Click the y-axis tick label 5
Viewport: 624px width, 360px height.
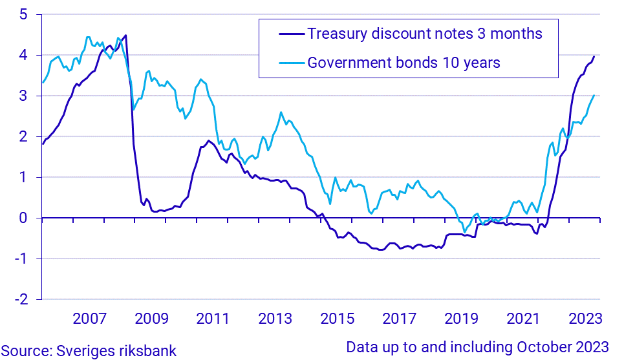(23, 15)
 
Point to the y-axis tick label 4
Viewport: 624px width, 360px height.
(23, 56)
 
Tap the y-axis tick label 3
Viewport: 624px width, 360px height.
(23, 96)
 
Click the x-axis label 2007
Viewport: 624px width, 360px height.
(89, 319)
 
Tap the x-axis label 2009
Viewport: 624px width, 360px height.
(151, 319)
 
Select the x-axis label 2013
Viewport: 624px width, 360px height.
(275, 319)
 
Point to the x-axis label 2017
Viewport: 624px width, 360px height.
(399, 319)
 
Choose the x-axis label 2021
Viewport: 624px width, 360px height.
(523, 319)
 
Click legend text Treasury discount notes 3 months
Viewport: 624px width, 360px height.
(424, 34)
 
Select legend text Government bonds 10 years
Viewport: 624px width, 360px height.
(404, 63)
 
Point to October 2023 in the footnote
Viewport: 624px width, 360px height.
(565, 346)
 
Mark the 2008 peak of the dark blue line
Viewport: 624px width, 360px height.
(125, 35)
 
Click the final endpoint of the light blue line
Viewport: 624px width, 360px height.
(594, 96)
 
